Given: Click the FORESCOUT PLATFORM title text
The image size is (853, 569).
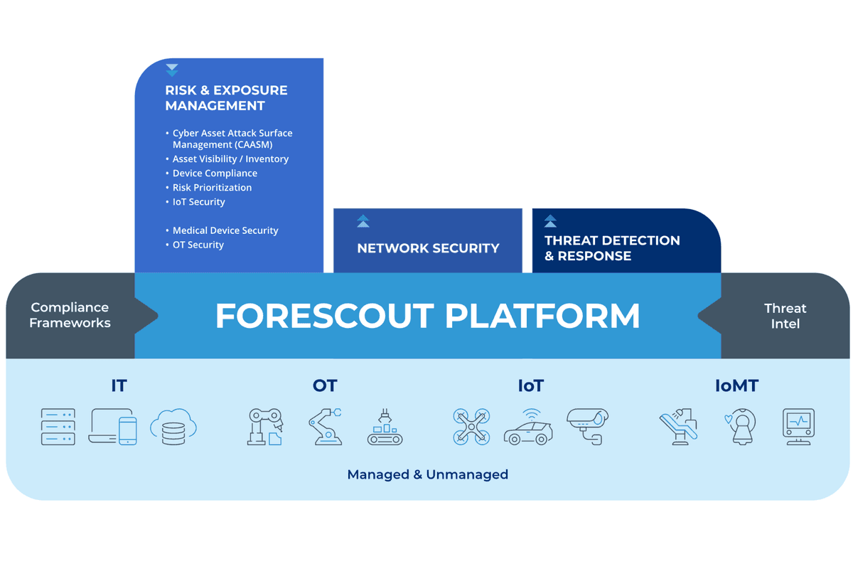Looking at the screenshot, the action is coord(427,316).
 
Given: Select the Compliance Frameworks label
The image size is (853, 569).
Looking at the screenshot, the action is coord(70,315).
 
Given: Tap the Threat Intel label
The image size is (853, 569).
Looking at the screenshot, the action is coord(785,316).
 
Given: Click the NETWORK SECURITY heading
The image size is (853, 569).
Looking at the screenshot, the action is coord(428,248).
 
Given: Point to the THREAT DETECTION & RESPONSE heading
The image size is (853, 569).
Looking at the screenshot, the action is coord(612,248).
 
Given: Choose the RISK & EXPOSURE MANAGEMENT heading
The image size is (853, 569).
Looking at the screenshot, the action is coord(226,98).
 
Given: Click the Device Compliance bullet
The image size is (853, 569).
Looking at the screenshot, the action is coord(215,174).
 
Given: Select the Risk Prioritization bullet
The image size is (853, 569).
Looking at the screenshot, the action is coord(212,188).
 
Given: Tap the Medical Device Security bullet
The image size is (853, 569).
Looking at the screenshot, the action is coord(225,230).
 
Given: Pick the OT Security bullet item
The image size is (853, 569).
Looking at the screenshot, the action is coord(198,245).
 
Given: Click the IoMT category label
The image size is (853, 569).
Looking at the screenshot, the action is coord(736,385).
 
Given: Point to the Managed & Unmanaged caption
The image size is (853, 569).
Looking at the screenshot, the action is coord(428,474).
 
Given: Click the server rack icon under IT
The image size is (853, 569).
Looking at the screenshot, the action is coord(58,427).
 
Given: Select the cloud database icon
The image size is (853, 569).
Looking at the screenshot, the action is coord(173,427).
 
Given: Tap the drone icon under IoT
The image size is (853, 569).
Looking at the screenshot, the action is coord(471,427).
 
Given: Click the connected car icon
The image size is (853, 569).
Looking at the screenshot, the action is coord(529,427).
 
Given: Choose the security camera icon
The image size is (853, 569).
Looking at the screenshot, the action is coord(588,427).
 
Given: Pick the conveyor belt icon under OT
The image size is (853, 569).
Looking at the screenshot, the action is coord(385,427).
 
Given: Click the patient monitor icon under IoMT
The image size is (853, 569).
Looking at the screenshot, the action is coord(798,427).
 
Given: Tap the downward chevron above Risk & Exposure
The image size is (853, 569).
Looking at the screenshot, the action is coord(172,70).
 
